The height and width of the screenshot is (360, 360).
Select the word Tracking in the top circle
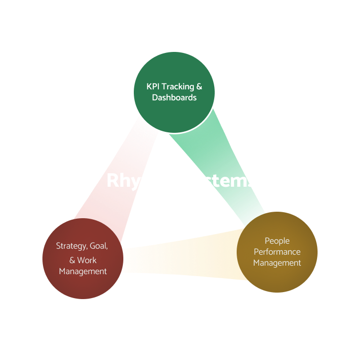(178, 86)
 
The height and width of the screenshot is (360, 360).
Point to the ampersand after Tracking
(199, 86)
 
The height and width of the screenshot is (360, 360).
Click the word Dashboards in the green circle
(174, 98)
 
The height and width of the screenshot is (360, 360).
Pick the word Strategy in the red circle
(70, 246)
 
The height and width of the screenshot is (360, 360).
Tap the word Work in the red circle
(87, 260)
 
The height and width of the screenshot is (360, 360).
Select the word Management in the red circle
(83, 272)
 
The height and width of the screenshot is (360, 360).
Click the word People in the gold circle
(277, 241)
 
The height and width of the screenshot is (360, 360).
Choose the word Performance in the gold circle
(277, 252)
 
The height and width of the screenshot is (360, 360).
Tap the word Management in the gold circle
(277, 263)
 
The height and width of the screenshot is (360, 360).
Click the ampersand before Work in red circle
(72, 260)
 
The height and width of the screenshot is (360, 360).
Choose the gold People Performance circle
(277, 280)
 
